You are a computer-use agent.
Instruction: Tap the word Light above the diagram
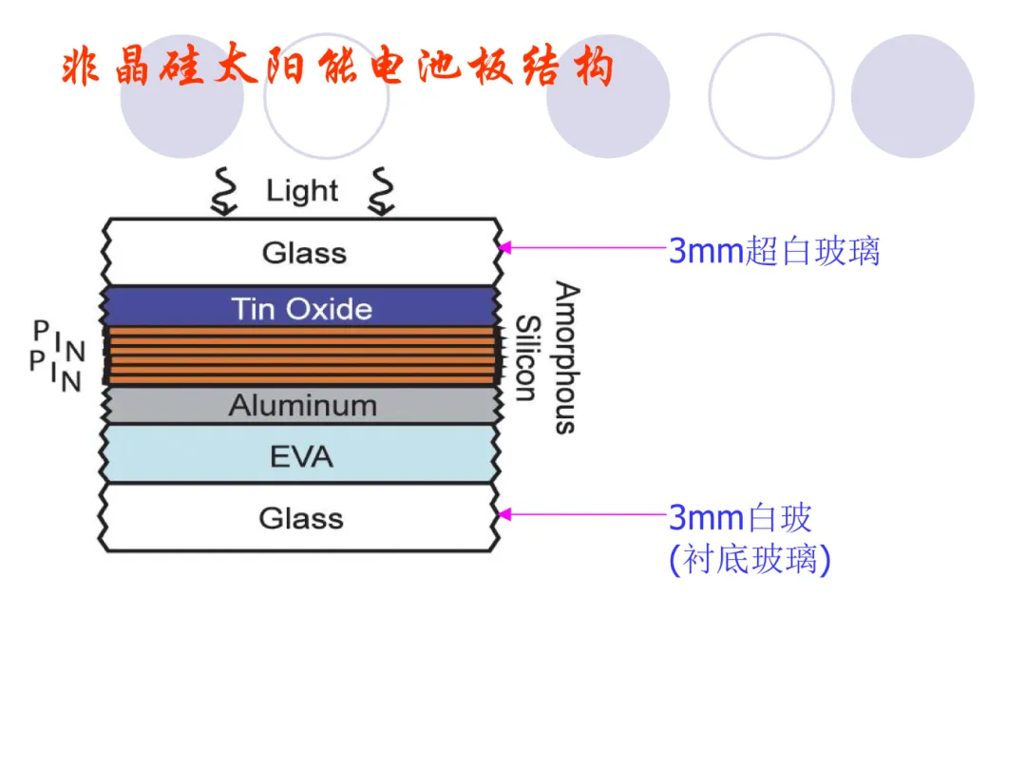click(302, 191)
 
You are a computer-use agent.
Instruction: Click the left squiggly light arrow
click(225, 192)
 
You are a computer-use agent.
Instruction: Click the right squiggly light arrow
click(382, 192)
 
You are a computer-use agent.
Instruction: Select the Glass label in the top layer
click(304, 253)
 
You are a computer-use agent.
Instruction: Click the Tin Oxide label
click(302, 309)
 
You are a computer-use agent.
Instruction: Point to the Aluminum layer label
click(302, 406)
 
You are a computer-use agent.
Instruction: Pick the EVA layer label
click(302, 457)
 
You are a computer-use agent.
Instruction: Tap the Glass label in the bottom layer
click(301, 518)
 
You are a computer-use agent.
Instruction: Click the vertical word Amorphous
click(566, 357)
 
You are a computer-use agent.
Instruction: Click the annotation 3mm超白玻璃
click(774, 251)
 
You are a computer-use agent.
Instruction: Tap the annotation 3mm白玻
click(740, 518)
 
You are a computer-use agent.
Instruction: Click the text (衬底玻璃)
click(750, 560)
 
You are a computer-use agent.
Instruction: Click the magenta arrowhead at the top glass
click(505, 247)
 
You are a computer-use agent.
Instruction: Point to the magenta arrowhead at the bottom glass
click(505, 514)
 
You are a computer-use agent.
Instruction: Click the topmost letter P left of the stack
click(41, 331)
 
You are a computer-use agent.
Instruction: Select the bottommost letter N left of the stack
click(72, 382)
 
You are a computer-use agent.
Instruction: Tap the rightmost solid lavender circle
click(912, 96)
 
